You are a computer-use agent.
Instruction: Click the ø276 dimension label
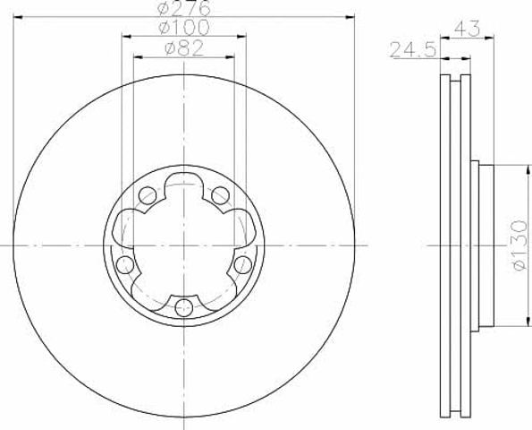click(x=184, y=8)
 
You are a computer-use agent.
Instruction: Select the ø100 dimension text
click(x=184, y=28)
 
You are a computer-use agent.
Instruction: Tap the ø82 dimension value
click(x=184, y=48)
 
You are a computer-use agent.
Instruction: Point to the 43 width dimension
click(x=468, y=29)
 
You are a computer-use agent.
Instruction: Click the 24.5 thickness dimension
click(x=412, y=49)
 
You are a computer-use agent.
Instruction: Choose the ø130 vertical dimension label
click(x=519, y=245)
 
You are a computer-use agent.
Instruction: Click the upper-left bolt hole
click(x=148, y=195)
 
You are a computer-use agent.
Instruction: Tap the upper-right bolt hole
click(x=220, y=195)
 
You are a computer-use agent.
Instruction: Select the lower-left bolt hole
click(x=125, y=265)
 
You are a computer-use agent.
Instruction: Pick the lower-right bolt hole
click(x=243, y=265)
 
